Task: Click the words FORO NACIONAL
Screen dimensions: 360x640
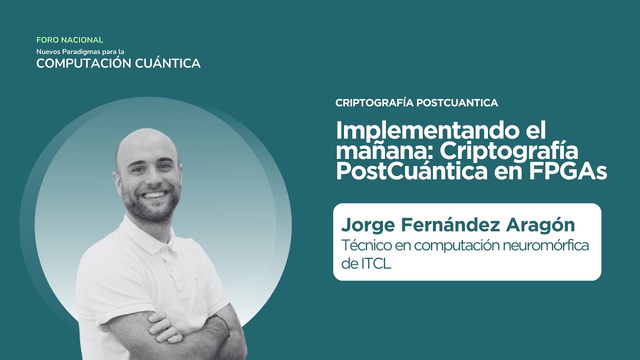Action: click(x=69, y=40)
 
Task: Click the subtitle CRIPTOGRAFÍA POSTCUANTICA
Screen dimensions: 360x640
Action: click(x=416, y=103)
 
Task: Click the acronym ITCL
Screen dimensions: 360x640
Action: click(x=375, y=264)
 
